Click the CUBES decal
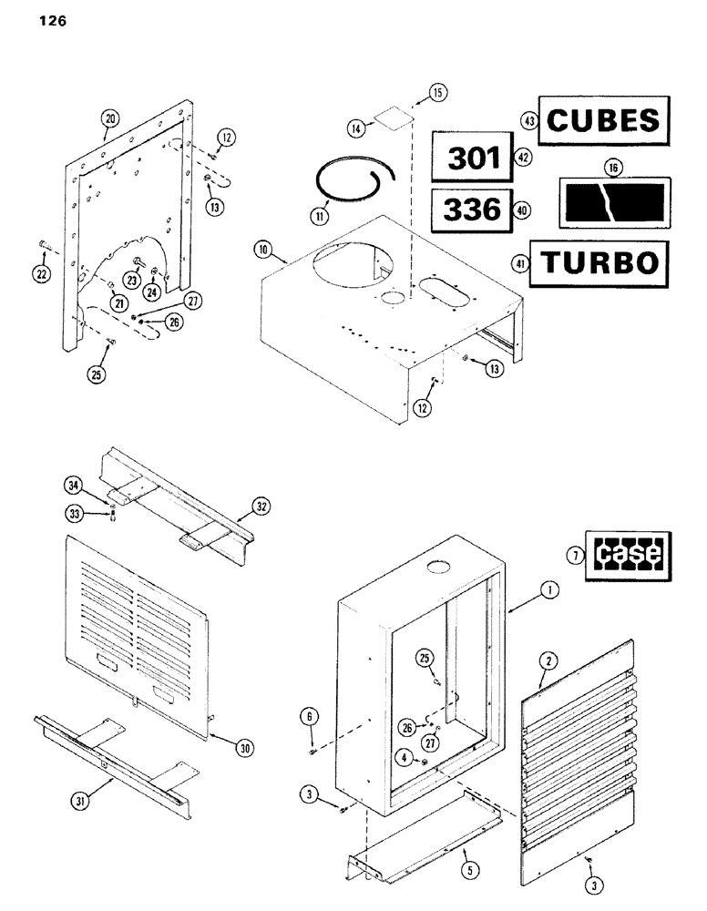point(604,121)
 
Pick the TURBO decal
point(600,262)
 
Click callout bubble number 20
point(110,118)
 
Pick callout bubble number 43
point(526,120)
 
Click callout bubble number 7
point(573,553)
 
